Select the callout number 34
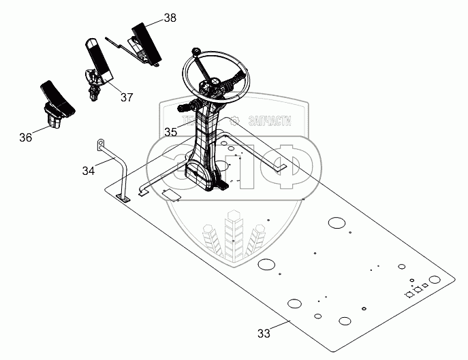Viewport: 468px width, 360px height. click(x=88, y=171)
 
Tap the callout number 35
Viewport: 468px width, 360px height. click(x=170, y=132)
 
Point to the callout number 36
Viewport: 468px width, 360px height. click(x=25, y=137)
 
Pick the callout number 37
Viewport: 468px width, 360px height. click(x=127, y=97)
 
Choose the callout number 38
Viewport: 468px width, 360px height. click(x=170, y=18)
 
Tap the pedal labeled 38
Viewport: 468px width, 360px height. click(x=143, y=41)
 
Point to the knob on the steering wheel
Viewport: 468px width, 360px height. click(x=196, y=51)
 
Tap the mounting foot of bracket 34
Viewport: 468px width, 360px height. click(x=124, y=197)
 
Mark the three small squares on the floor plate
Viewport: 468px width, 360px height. click(x=417, y=290)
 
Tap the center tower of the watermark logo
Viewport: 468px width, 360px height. click(x=234, y=235)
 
